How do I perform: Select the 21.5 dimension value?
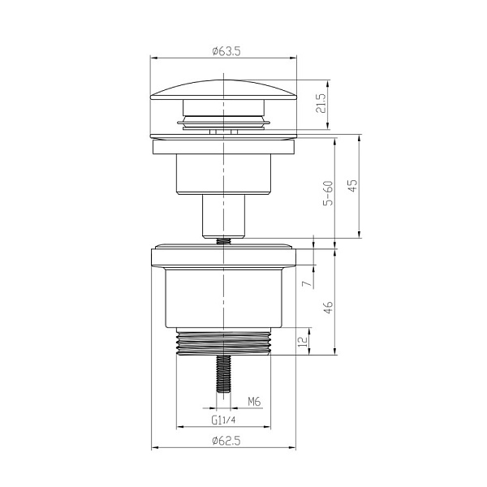coord(321,105)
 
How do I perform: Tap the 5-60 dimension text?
coord(327,194)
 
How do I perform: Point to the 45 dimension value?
coord(353,186)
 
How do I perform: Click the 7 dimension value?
coord(304,284)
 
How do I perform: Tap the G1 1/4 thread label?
coord(223,420)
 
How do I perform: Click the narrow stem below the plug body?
coord(222,215)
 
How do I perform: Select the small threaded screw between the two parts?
coord(222,239)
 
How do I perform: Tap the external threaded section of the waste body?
coord(222,343)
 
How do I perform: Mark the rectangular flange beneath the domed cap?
coord(222,145)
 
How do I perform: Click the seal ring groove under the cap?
coord(222,121)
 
